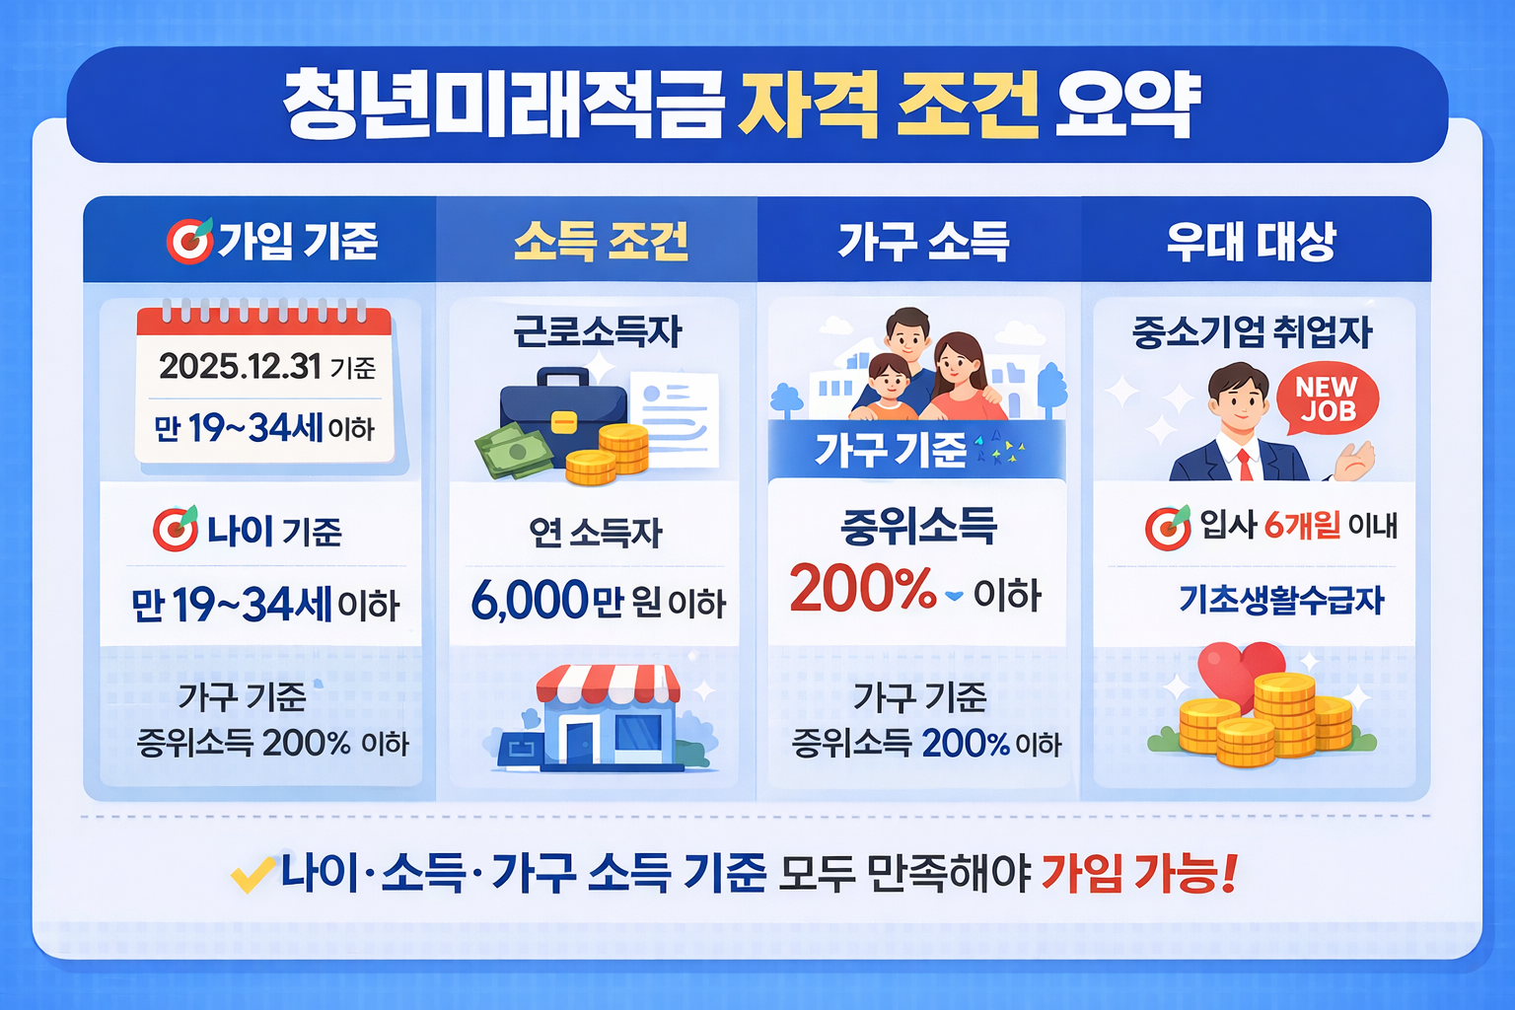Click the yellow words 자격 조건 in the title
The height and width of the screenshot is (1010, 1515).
[x=887, y=106]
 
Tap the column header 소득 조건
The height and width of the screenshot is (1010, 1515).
[x=601, y=241]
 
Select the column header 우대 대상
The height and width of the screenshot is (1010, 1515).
[x=1251, y=241]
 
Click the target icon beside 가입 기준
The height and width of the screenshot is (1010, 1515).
[x=188, y=241]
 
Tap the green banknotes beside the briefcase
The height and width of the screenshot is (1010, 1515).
[x=514, y=452]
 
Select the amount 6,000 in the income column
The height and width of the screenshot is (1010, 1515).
[x=530, y=600]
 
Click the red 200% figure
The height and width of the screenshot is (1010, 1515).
[x=862, y=589]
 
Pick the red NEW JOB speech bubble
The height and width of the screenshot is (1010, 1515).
[x=1327, y=399]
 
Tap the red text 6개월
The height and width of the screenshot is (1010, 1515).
[x=1302, y=526]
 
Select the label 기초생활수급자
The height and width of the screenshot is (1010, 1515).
[x=1281, y=600]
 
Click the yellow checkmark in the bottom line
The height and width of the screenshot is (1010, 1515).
[x=252, y=874]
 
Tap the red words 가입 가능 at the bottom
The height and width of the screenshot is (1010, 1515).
[x=1137, y=872]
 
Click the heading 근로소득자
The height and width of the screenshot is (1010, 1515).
[x=597, y=332]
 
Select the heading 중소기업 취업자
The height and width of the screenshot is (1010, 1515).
[x=1252, y=332]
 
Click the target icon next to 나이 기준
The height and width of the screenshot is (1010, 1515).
[x=176, y=530]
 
